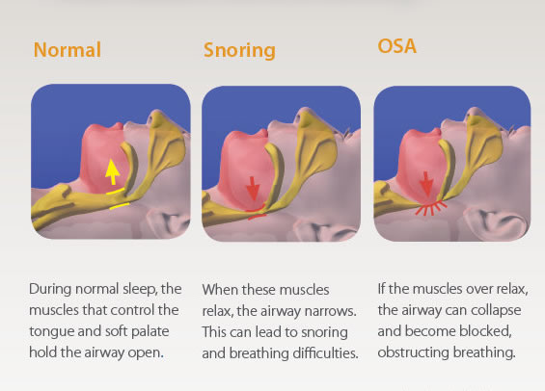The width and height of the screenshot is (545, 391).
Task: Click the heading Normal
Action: click(x=68, y=50)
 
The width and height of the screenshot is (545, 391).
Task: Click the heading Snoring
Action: click(x=239, y=51)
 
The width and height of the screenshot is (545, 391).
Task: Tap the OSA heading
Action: click(x=396, y=46)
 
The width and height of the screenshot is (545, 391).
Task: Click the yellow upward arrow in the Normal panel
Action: click(x=112, y=172)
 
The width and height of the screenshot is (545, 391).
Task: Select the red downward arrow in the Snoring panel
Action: click(x=253, y=189)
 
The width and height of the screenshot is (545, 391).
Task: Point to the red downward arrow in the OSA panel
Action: click(x=425, y=184)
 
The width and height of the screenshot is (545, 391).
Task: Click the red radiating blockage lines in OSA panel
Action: click(x=431, y=208)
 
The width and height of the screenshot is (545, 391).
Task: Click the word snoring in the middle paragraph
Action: click(x=324, y=332)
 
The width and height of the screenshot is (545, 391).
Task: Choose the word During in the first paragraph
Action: click(x=50, y=289)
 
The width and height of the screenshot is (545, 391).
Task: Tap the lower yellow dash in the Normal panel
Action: click(x=120, y=206)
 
